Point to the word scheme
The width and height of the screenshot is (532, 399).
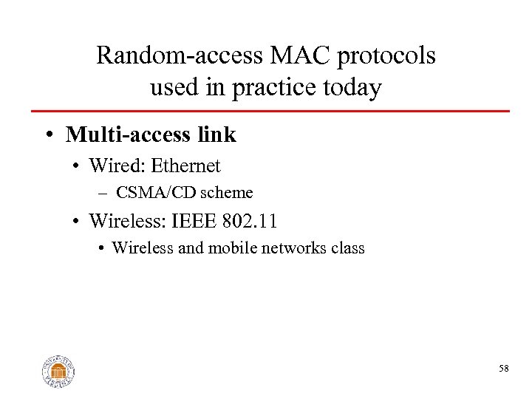[228, 193]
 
